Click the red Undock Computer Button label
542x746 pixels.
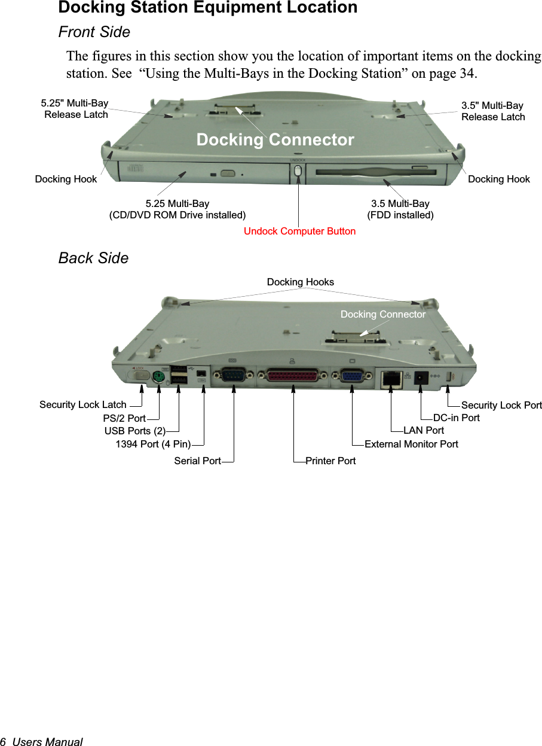[x=299, y=231]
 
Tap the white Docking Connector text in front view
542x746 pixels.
[x=275, y=139]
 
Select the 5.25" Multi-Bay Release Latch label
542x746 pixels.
[x=76, y=109]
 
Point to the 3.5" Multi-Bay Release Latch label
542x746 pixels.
[x=493, y=111]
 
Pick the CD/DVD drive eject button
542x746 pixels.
[x=228, y=173]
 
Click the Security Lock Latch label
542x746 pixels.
[x=83, y=405]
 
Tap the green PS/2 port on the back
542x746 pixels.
[x=158, y=377]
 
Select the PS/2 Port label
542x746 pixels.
[x=124, y=418]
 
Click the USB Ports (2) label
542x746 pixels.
[x=135, y=431]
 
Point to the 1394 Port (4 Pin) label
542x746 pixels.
[x=153, y=444]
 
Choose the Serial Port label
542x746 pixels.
[x=197, y=461]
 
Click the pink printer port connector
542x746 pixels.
[x=293, y=376]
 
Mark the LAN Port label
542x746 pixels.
[x=424, y=430]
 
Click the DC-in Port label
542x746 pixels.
[x=457, y=418]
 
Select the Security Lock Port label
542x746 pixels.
[x=501, y=405]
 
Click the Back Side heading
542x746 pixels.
[x=93, y=258]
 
